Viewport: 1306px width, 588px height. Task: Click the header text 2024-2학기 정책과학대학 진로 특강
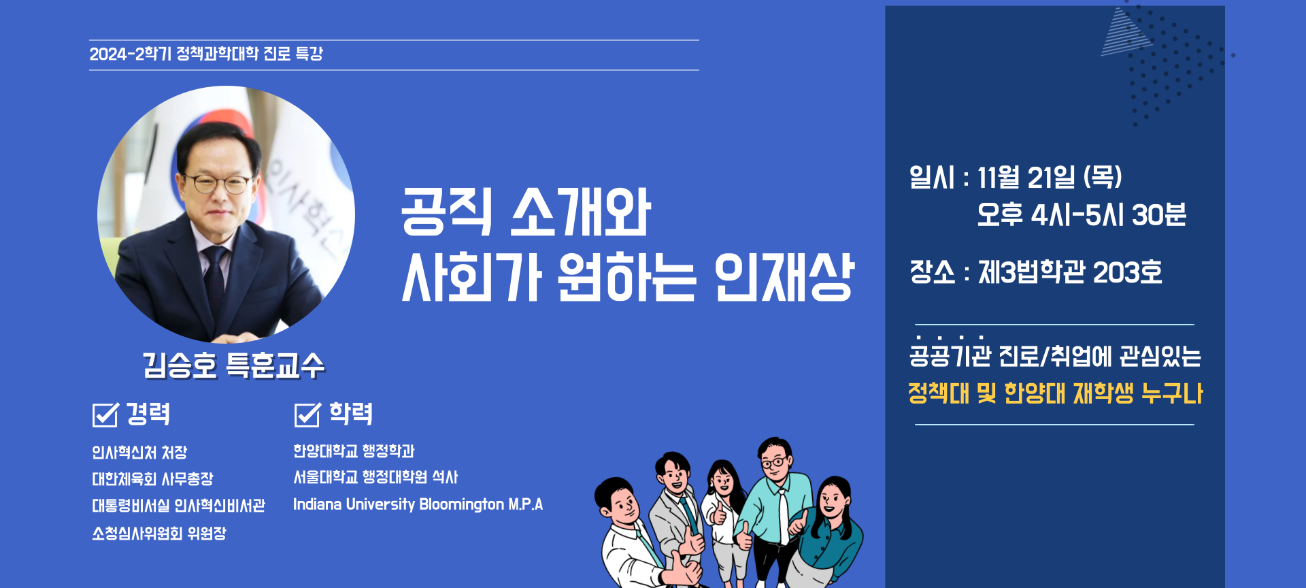point(206,54)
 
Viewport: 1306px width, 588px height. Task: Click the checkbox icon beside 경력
point(105,414)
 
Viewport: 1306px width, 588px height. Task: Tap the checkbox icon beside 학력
point(307,414)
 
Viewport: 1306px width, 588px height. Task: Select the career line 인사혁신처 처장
point(139,453)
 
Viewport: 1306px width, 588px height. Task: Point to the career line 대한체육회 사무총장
point(152,479)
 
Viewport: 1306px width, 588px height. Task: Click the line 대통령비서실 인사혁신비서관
point(179,506)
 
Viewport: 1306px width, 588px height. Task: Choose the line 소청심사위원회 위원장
point(159,533)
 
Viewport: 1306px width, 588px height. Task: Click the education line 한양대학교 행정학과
point(354,451)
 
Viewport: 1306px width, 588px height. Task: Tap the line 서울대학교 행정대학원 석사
point(375,477)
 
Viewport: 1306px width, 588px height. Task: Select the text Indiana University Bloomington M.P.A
point(418,504)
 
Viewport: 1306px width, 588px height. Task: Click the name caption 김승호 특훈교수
point(233,365)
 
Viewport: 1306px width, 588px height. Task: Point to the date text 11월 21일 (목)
point(1050,178)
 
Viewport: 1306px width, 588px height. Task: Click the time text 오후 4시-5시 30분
point(1082,215)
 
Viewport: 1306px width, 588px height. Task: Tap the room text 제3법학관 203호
point(1070,273)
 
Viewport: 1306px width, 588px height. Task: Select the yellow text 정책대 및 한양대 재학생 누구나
point(1055,393)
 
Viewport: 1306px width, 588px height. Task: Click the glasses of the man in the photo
point(216,182)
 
